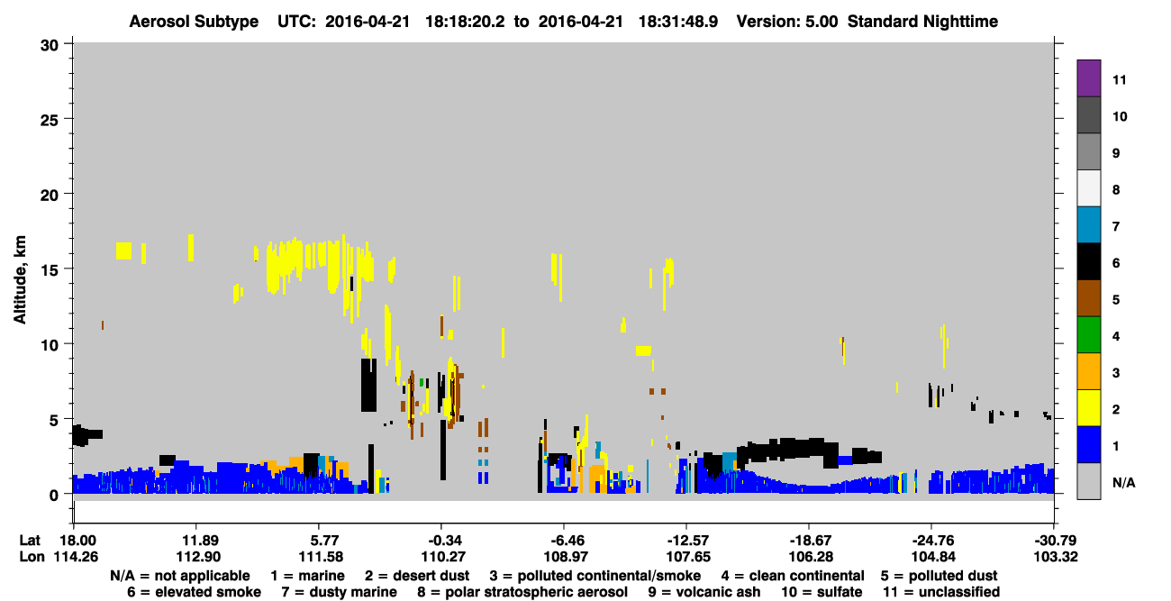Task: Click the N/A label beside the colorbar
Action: tap(1123, 483)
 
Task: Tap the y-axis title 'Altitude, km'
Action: tap(20, 280)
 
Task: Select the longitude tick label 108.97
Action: tap(566, 557)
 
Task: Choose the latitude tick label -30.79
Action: tap(1056, 541)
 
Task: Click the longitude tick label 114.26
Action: tap(76, 557)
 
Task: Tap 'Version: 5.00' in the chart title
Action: tap(787, 22)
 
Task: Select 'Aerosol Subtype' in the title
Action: tap(194, 22)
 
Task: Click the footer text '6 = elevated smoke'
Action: tap(194, 592)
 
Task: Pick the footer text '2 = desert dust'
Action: tap(417, 576)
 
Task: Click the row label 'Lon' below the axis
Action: tap(32, 557)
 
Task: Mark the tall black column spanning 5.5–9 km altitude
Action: tap(368, 385)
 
